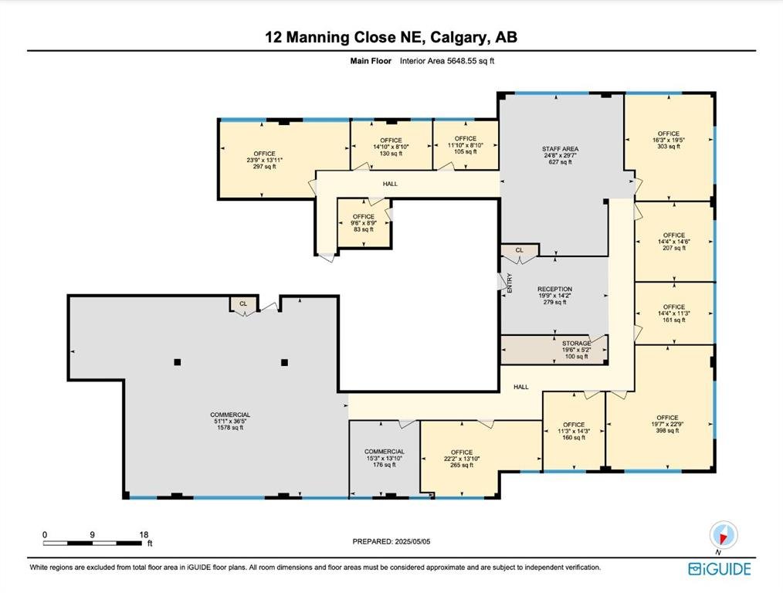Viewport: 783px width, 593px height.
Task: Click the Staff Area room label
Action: click(x=561, y=155)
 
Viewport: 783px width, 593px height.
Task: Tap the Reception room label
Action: click(x=554, y=296)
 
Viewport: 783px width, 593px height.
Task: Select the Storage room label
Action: click(x=576, y=350)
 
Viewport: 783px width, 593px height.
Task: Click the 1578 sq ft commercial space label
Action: click(x=230, y=421)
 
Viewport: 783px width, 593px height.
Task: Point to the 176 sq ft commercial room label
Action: click(x=384, y=458)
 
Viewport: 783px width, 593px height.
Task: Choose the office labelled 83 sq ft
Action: click(x=364, y=222)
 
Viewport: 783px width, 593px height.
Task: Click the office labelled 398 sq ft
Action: click(x=668, y=424)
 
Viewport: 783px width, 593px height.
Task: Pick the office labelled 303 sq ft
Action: click(x=669, y=140)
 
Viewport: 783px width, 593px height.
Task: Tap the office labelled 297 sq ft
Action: click(x=265, y=160)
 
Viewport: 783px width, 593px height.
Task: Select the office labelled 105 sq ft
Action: click(x=466, y=144)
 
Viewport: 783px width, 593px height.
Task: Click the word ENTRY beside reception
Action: click(x=510, y=283)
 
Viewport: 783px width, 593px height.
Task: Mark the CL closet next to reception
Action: click(x=520, y=250)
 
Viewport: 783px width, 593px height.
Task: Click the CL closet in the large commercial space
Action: click(x=243, y=303)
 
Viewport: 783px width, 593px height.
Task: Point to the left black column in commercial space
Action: click(x=178, y=362)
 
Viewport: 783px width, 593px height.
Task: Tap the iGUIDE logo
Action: click(x=720, y=569)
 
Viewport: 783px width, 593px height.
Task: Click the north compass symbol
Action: click(x=724, y=535)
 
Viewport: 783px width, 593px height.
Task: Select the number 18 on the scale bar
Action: click(x=144, y=534)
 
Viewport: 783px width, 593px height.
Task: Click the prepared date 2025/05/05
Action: click(x=412, y=541)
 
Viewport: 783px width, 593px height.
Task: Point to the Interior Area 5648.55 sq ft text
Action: click(x=447, y=61)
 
